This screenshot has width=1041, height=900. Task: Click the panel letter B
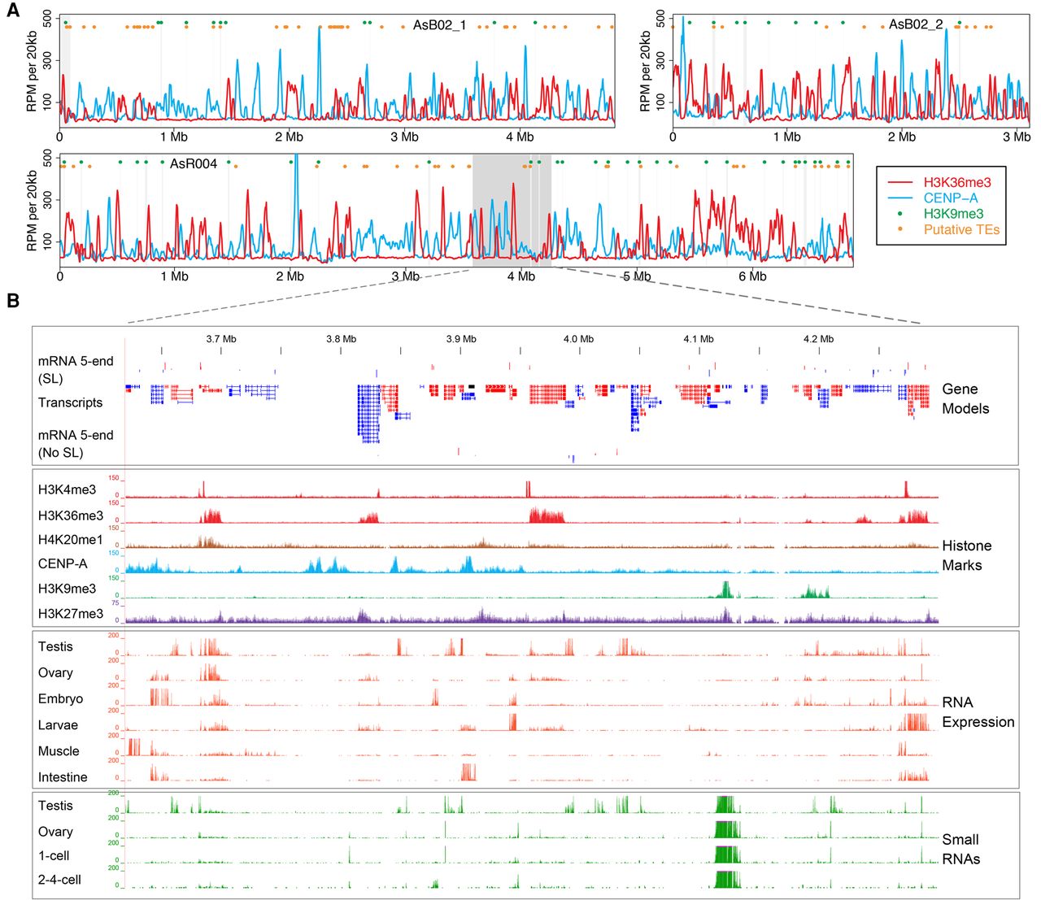point(13,301)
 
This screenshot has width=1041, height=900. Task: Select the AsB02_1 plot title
point(439,25)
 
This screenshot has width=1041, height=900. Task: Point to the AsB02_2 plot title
point(915,24)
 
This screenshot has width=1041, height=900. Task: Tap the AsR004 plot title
point(194,164)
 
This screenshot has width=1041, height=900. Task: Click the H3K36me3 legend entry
point(956,182)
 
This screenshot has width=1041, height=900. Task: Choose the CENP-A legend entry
point(950,198)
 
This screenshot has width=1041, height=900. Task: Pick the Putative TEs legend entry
point(960,230)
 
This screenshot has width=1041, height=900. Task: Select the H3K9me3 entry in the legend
point(952,214)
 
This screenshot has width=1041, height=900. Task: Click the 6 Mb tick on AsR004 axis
point(752,276)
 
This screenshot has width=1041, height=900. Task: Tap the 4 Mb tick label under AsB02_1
point(520,137)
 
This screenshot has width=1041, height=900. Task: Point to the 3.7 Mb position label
point(221,339)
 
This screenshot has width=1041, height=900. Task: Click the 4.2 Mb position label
point(818,339)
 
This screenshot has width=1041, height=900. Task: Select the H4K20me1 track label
point(70,540)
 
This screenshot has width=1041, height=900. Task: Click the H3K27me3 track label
point(70,614)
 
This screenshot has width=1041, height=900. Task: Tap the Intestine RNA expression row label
point(63,777)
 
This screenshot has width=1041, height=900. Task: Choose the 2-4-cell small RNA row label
point(59,880)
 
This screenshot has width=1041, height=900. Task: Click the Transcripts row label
point(70,402)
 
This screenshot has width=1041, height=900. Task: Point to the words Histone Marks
point(966,555)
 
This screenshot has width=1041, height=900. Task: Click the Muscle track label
point(59,751)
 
